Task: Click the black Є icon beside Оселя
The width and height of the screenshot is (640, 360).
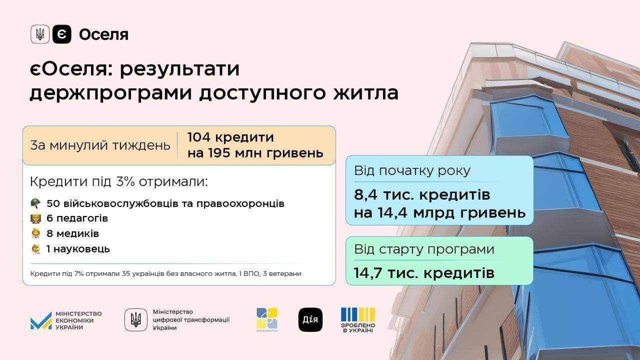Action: (61, 34)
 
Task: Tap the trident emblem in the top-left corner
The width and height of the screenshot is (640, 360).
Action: (40, 34)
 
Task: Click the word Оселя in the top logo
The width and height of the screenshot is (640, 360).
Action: (103, 35)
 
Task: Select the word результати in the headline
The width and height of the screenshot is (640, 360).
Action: (179, 69)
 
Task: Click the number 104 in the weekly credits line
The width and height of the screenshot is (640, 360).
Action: (198, 137)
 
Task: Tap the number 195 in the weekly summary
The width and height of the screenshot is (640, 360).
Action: (219, 153)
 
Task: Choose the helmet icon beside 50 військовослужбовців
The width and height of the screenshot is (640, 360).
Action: (35, 203)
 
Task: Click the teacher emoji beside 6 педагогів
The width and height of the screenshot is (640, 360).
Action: (35, 218)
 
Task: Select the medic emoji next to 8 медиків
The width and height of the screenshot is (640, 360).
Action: (35, 233)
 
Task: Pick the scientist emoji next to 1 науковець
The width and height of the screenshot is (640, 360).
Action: (35, 249)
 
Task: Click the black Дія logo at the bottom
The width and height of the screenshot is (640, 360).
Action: (310, 319)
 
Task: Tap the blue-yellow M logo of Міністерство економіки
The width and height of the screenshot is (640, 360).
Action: (41, 321)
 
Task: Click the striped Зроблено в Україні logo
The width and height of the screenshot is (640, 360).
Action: (357, 320)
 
